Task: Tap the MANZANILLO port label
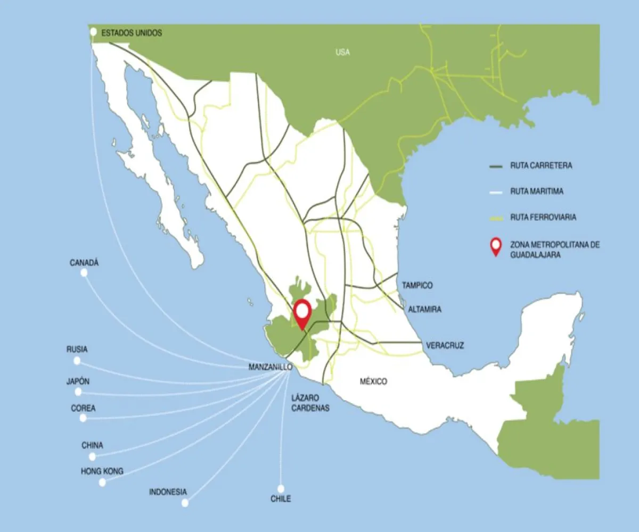click(x=270, y=367)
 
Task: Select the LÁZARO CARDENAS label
click(x=310, y=403)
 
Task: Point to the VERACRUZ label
click(x=445, y=346)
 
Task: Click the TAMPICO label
click(x=417, y=286)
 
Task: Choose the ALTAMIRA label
click(x=424, y=309)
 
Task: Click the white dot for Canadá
click(x=84, y=273)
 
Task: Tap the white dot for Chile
click(x=281, y=488)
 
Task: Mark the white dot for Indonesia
click(x=185, y=503)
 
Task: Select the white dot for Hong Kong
click(x=102, y=483)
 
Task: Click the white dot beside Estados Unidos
click(x=93, y=32)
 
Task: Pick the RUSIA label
click(x=77, y=350)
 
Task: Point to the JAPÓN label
click(x=78, y=381)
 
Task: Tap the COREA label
click(x=83, y=408)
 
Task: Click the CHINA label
click(x=92, y=445)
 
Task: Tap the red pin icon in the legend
click(x=496, y=247)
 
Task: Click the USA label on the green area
click(x=342, y=52)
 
